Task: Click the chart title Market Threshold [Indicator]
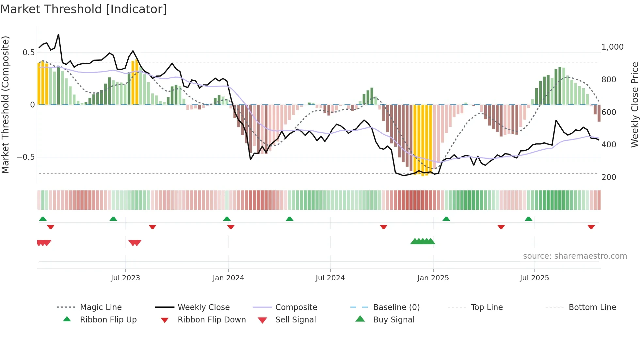pyautogui.click(x=84, y=9)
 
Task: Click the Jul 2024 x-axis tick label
pyautogui.click(x=330, y=278)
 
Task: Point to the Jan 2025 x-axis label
pyautogui.click(x=433, y=278)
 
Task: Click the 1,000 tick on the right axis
pyautogui.click(x=612, y=47)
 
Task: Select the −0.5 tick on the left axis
pyautogui.click(x=25, y=157)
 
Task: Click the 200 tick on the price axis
pyautogui.click(x=609, y=177)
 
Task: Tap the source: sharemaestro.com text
pyautogui.click(x=575, y=256)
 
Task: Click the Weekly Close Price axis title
pyautogui.click(x=634, y=105)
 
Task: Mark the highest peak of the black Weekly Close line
pyautogui.click(x=58, y=34)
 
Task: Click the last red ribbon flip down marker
pyautogui.click(x=591, y=227)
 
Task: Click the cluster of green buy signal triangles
pyautogui.click(x=423, y=241)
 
